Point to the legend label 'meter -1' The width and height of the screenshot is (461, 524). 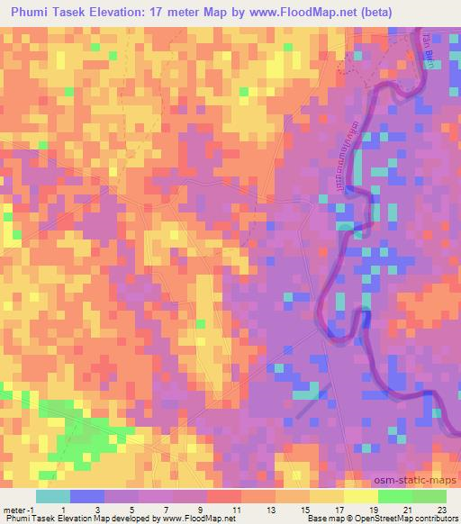click(x=18, y=510)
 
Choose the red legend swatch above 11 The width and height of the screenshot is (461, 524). click(x=223, y=496)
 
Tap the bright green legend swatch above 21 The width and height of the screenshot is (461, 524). click(x=394, y=496)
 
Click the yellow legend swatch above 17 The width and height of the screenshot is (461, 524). click(x=326, y=496)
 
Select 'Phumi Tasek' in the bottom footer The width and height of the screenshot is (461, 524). click(x=27, y=519)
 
